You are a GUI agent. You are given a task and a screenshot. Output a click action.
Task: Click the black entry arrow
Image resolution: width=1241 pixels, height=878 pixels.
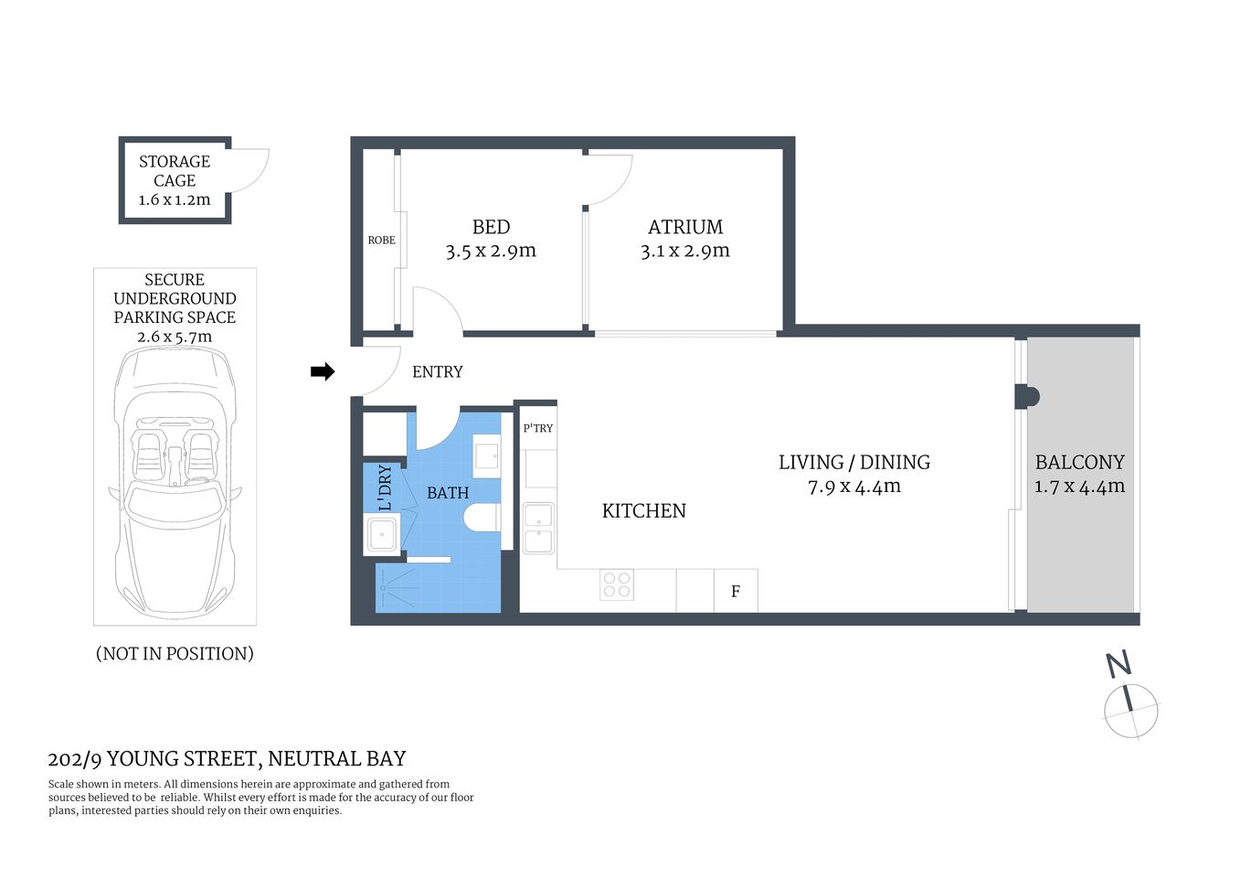pyautogui.click(x=323, y=371)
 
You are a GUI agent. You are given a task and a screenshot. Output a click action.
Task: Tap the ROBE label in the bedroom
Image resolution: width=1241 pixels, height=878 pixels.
pyautogui.click(x=381, y=241)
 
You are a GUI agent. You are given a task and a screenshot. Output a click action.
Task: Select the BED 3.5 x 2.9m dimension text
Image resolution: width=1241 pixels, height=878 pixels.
pyautogui.click(x=491, y=252)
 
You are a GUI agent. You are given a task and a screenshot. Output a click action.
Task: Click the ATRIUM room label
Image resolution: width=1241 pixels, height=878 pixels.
pyautogui.click(x=684, y=227)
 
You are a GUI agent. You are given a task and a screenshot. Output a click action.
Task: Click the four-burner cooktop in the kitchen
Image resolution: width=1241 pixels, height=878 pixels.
pyautogui.click(x=617, y=585)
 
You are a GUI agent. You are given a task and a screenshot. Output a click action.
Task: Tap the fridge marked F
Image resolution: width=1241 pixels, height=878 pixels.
pyautogui.click(x=735, y=592)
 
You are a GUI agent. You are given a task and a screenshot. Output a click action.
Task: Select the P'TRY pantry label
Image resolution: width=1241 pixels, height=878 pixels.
pyautogui.click(x=537, y=428)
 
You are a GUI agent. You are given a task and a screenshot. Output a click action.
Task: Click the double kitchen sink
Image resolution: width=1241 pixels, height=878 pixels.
pyautogui.click(x=538, y=528)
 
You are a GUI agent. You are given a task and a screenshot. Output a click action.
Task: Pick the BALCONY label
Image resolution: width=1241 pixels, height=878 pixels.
pyautogui.click(x=1079, y=463)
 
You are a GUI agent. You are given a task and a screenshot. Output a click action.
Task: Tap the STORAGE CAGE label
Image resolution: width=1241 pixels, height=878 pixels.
pyautogui.click(x=175, y=171)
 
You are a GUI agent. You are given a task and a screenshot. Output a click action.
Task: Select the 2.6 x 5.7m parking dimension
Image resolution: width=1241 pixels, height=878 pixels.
pyautogui.click(x=175, y=337)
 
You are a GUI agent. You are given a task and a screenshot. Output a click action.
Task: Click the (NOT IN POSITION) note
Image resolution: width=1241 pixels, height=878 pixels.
pyautogui.click(x=175, y=654)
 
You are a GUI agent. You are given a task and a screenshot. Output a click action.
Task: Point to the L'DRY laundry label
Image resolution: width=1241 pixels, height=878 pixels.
pyautogui.click(x=385, y=487)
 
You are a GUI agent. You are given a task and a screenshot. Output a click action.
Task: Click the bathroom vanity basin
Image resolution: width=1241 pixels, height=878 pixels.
pyautogui.click(x=487, y=455)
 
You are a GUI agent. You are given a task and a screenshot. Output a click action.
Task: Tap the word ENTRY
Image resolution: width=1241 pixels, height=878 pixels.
pyautogui.click(x=437, y=372)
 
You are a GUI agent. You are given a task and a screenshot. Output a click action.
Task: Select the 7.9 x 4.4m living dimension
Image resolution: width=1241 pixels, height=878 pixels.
pyautogui.click(x=854, y=487)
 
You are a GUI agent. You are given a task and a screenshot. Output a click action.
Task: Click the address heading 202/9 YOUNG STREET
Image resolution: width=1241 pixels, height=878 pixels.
pyautogui.click(x=227, y=759)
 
